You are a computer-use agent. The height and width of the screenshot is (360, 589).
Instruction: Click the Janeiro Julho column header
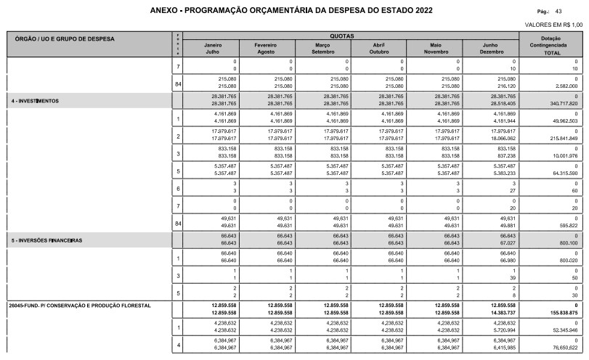coord(214,48)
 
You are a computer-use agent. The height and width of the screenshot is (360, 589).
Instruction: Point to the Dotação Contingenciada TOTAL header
coord(555,45)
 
